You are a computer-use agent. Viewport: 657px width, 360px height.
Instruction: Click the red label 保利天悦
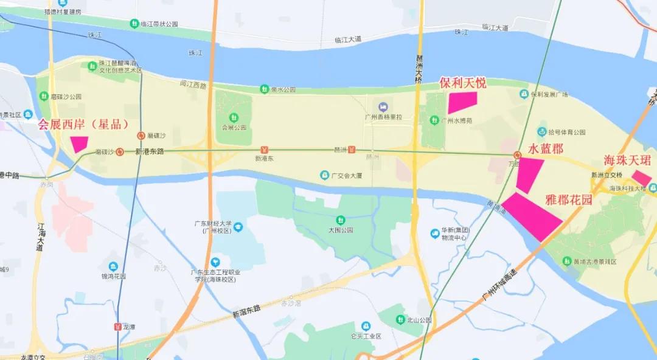(x=463, y=83)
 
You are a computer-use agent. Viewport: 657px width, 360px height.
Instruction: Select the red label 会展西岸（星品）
(x=83, y=125)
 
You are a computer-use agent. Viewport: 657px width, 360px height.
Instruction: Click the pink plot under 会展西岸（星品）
(x=80, y=144)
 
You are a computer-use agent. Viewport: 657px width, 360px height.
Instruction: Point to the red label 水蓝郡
(x=545, y=149)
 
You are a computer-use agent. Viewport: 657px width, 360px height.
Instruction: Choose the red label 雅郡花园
(x=569, y=199)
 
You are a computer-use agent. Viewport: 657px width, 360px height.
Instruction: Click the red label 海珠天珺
(x=627, y=161)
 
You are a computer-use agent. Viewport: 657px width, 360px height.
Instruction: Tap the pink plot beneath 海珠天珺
(x=642, y=178)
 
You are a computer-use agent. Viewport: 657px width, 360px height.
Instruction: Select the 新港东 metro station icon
(x=264, y=150)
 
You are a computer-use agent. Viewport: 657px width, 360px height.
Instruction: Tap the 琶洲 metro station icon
(x=352, y=150)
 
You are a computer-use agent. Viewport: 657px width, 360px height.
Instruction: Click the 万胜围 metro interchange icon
(x=516, y=155)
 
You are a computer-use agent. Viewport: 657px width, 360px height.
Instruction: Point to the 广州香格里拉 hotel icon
(x=382, y=107)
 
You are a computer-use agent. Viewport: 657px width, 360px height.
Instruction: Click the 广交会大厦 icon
(x=325, y=176)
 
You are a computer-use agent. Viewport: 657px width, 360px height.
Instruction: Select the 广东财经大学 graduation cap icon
(x=238, y=227)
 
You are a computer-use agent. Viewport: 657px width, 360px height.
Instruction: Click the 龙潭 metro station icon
(x=117, y=327)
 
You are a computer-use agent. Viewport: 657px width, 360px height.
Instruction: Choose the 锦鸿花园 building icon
(x=113, y=266)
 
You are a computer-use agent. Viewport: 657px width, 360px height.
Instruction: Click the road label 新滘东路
(x=246, y=312)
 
